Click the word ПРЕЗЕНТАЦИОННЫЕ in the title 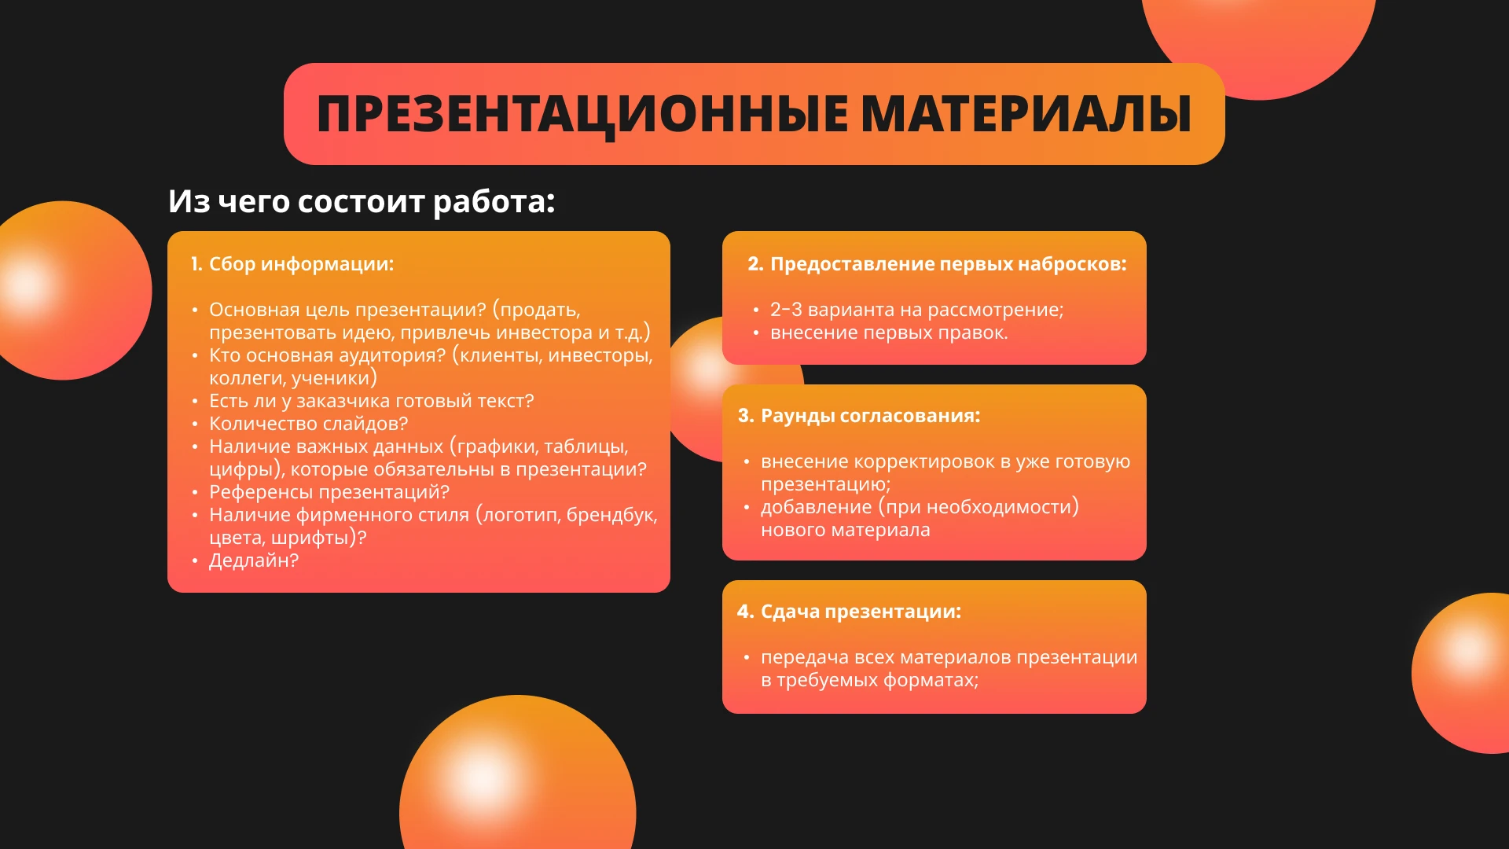coord(582,115)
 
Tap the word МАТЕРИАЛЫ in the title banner coord(1026,115)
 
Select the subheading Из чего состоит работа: coord(362,201)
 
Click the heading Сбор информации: coord(301,264)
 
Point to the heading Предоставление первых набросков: coord(948,264)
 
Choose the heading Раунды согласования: coord(870,416)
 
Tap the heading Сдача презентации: coord(861,612)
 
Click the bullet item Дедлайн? coord(254,560)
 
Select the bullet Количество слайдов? coord(308,424)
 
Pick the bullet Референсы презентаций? coord(329,492)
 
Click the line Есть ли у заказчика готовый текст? coord(371,401)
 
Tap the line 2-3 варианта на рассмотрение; coord(916,310)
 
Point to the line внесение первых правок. coord(888,333)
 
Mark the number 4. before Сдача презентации coord(745,612)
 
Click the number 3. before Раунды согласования coord(745,416)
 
